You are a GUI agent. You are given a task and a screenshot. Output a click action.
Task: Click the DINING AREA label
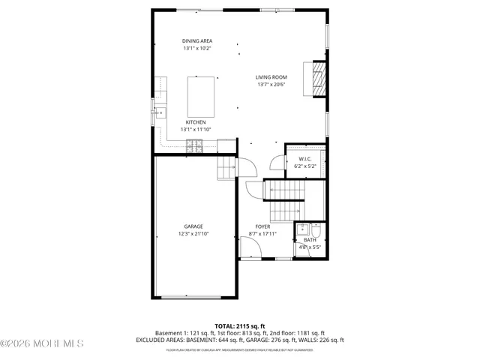point(196,40)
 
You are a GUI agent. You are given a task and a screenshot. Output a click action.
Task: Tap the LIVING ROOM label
point(271,77)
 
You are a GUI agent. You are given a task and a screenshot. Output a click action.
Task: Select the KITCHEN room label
point(196,122)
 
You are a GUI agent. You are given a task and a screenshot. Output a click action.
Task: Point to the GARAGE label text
point(193,226)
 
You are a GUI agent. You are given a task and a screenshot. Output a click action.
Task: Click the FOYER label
point(262,226)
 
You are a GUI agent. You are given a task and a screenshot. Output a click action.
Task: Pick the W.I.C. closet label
point(304,159)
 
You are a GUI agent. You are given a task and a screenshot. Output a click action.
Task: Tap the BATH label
point(310,240)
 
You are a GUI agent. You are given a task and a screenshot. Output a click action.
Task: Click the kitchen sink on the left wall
point(160,114)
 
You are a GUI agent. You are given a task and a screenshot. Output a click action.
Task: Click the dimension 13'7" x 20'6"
point(271,85)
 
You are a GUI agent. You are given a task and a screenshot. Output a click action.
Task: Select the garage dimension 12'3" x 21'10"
point(193,234)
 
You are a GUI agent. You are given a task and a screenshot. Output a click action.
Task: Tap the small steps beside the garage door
point(226,169)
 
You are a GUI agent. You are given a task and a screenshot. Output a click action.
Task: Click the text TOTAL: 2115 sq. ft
point(240,325)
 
